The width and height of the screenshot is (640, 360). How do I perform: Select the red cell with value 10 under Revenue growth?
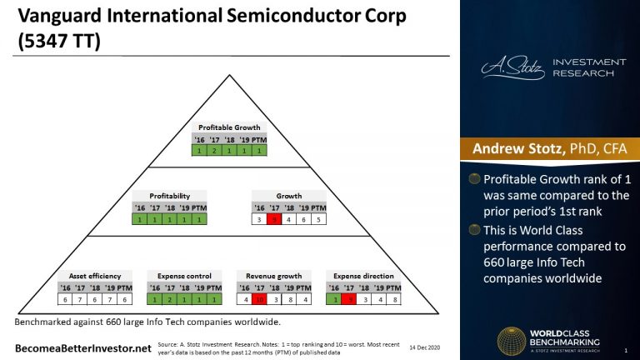point(260,299)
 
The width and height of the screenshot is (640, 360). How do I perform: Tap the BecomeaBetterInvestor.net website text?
point(70,344)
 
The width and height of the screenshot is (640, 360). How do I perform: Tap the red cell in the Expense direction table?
point(351,299)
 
